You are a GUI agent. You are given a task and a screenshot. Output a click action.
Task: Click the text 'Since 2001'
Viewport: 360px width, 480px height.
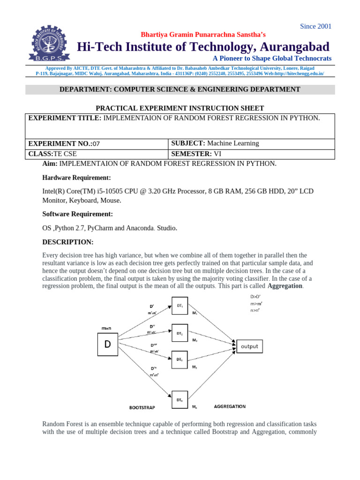315,26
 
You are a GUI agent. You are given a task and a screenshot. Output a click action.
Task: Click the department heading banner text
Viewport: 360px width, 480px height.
180,89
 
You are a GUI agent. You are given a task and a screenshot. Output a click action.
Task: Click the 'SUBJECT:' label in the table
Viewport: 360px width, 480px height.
188,143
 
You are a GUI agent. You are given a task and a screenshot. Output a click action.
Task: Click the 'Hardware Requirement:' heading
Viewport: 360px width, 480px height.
76,178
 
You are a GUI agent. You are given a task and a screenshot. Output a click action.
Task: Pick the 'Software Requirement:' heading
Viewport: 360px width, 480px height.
77,214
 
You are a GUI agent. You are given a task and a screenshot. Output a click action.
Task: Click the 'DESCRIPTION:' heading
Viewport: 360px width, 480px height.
68,242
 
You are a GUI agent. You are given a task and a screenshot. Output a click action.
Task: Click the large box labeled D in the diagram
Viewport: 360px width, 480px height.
107,345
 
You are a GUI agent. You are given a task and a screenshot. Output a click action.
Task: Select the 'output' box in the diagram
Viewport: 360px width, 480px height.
249,346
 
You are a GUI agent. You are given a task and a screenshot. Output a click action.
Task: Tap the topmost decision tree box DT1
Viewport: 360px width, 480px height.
180,307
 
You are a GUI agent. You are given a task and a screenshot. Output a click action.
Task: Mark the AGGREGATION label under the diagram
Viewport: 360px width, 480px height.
229,406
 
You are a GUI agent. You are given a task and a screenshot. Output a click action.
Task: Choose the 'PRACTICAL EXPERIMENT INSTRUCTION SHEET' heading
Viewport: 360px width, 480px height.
180,108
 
